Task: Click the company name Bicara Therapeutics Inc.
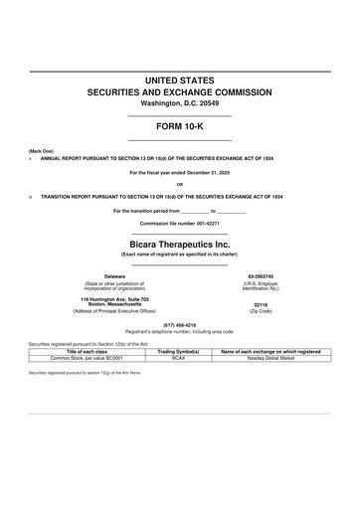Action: click(180, 243)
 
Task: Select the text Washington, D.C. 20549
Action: click(180, 103)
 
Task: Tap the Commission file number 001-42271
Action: click(180, 224)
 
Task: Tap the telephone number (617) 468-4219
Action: click(180, 325)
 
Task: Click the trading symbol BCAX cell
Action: click(179, 357)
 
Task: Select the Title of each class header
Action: click(87, 351)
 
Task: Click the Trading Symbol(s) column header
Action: click(179, 351)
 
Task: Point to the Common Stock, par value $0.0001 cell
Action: click(87, 357)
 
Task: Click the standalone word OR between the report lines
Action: click(180, 185)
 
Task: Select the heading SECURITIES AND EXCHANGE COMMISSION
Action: click(180, 90)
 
